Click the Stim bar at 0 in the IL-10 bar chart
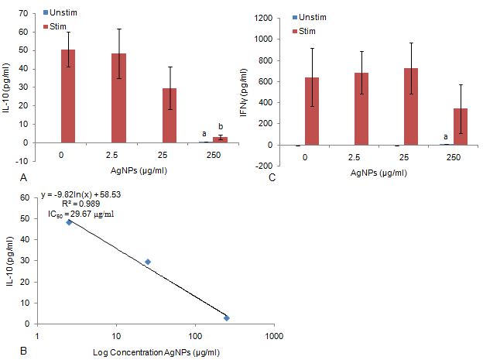[x=68, y=96]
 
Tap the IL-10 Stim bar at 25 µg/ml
[x=169, y=115]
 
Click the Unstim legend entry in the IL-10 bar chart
[x=60, y=14]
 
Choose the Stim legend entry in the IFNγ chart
[x=303, y=30]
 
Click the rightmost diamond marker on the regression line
[x=227, y=318]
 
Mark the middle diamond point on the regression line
[x=148, y=262]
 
